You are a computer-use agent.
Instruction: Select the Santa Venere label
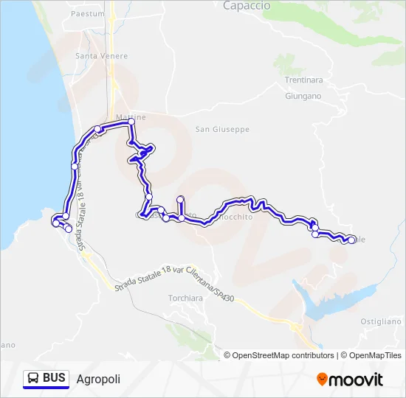pyautogui.click(x=101, y=56)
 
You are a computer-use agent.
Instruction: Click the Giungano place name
pyautogui.click(x=303, y=96)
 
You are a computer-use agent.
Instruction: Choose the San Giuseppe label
pyautogui.click(x=222, y=129)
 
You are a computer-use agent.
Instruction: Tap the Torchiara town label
pyautogui.click(x=185, y=298)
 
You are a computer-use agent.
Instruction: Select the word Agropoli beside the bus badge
pyautogui.click(x=98, y=379)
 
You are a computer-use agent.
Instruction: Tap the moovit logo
pyautogui.click(x=350, y=380)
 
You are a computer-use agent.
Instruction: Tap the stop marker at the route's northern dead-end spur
pyautogui.click(x=181, y=199)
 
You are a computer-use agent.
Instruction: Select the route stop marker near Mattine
pyautogui.click(x=131, y=122)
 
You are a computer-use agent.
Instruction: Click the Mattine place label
pyautogui.click(x=131, y=116)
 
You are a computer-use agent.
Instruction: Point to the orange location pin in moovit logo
pyautogui.click(x=322, y=380)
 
